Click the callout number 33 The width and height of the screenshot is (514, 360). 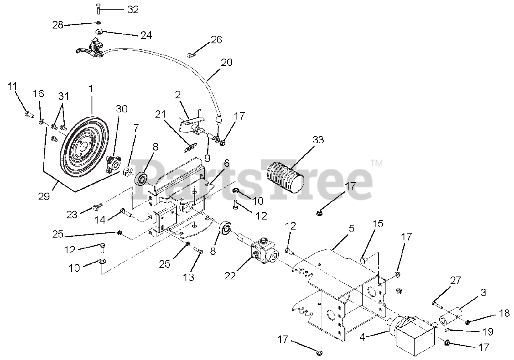click(x=319, y=140)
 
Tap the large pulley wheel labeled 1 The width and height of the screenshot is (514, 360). click(x=84, y=147)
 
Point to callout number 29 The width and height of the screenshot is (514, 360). click(x=44, y=196)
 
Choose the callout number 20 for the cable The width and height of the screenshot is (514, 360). click(x=226, y=63)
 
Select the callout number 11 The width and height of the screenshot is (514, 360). click(x=12, y=85)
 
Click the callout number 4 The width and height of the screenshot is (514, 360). click(x=363, y=338)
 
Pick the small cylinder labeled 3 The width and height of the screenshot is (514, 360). click(x=450, y=317)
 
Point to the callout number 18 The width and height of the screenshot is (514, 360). click(x=504, y=313)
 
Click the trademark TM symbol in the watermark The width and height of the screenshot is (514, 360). click(x=377, y=163)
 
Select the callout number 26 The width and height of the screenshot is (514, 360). click(x=216, y=40)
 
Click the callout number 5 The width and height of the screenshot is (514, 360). click(x=352, y=229)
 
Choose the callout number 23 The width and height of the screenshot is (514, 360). click(x=71, y=215)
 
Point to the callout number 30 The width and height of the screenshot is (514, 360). click(x=122, y=109)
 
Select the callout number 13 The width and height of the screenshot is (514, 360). click(x=188, y=277)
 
